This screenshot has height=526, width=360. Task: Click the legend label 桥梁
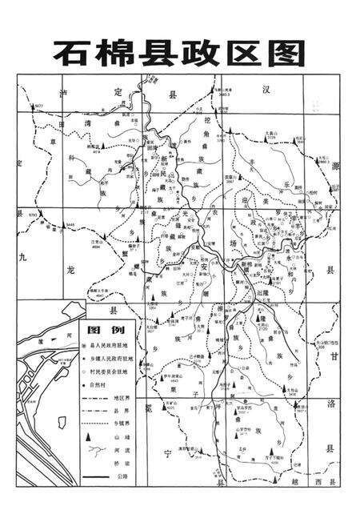pos(120,465)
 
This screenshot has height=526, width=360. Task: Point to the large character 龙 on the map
pos(70,270)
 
